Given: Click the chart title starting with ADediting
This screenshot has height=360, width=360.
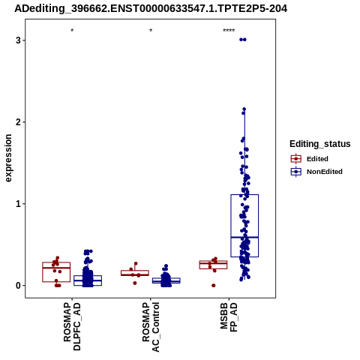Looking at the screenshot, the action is click(151, 9).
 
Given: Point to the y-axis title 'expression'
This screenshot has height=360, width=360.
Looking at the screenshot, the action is click(8, 158).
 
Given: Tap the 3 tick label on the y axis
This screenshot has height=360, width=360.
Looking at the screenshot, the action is click(18, 40).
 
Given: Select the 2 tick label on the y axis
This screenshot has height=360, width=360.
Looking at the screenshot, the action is click(18, 122).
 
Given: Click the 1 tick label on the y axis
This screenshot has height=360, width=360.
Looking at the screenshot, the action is click(18, 204).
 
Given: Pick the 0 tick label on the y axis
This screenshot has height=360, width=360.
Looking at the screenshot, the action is click(18, 286).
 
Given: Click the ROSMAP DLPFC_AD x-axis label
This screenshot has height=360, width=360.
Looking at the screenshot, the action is click(72, 326).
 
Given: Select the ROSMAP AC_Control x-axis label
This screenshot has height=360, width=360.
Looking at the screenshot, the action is click(151, 327).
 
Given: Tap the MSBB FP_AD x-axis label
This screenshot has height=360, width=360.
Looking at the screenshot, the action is click(229, 317).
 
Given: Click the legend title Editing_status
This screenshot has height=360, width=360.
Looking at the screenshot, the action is click(320, 144).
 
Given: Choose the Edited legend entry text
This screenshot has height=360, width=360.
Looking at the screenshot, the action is click(317, 159).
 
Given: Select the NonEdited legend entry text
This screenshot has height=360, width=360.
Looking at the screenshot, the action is click(325, 172).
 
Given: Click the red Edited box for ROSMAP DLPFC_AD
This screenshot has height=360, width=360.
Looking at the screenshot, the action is click(56, 262).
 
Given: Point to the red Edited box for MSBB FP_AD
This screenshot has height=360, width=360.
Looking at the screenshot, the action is click(213, 261).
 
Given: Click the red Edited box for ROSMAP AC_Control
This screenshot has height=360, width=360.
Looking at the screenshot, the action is click(135, 271).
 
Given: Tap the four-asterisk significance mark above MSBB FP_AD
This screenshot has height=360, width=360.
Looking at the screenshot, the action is click(229, 31).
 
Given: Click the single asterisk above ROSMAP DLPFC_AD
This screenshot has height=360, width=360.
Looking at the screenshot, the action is click(72, 31).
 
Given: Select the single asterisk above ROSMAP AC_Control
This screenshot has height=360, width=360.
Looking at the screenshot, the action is click(151, 31).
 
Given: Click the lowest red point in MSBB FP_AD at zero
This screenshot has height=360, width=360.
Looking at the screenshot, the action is click(214, 286).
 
